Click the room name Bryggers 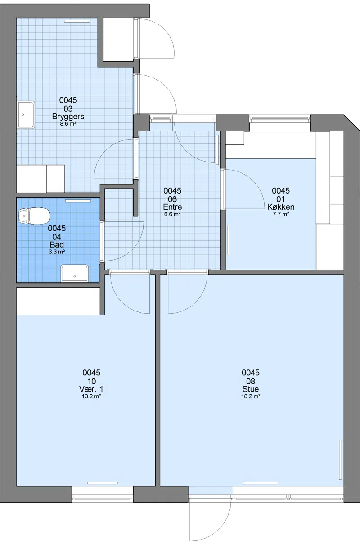click(x=68, y=117)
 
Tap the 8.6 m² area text click(x=68, y=124)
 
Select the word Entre click(x=172, y=207)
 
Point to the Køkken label click(x=281, y=207)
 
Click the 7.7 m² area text click(x=281, y=214)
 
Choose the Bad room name click(x=57, y=244)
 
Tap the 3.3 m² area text click(x=57, y=252)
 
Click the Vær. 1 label click(x=91, y=389)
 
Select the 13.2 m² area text click(x=91, y=396)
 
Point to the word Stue click(x=251, y=389)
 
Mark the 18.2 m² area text click(x=251, y=396)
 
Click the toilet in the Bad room click(x=34, y=216)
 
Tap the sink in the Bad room click(x=74, y=273)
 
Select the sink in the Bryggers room click(x=26, y=115)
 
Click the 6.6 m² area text click(x=172, y=214)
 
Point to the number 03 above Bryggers click(x=68, y=108)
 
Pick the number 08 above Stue click(x=251, y=381)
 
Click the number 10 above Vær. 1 click(x=91, y=381)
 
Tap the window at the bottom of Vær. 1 click(x=103, y=494)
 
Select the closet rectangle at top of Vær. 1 click(x=58, y=301)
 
